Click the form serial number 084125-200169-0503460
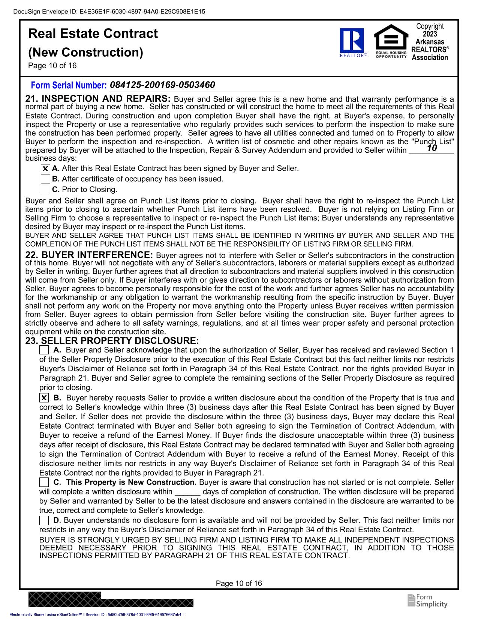click(x=163, y=85)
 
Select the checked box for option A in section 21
click(x=45, y=169)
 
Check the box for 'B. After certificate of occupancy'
click(x=45, y=179)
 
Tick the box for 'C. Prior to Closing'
click(x=45, y=190)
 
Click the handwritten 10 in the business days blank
click(x=432, y=148)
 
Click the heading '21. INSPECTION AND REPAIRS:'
click(x=98, y=99)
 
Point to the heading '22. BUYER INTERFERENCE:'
click(x=89, y=255)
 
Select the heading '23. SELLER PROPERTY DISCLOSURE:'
click(x=112, y=341)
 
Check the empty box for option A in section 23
click(x=44, y=350)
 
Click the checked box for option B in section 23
click(x=44, y=398)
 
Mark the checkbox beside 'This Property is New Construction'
click(x=44, y=482)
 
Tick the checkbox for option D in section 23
click(x=44, y=521)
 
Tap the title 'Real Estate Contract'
click(x=93, y=34)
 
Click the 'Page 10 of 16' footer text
click(x=239, y=583)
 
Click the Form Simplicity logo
click(x=427, y=601)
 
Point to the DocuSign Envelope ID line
click(x=109, y=12)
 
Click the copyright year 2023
click(x=430, y=34)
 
